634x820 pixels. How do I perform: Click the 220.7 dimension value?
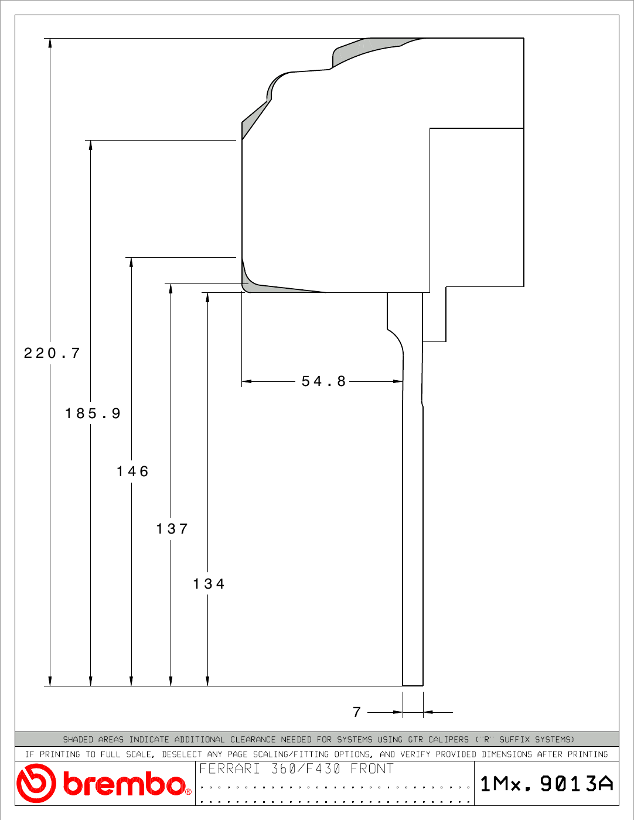[x=52, y=353]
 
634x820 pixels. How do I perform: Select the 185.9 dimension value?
[x=93, y=413]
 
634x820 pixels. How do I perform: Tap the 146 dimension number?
[x=132, y=471]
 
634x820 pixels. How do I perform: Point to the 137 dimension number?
[x=172, y=529]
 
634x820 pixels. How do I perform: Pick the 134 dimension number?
[x=209, y=584]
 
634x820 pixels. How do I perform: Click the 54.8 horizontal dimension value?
[x=323, y=381]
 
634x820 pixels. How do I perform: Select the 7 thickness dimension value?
[x=357, y=712]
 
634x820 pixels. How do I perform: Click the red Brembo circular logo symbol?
[x=36, y=784]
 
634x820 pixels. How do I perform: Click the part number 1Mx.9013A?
[x=547, y=784]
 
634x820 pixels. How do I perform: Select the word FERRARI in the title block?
[x=230, y=768]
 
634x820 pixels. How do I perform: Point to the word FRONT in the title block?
[x=372, y=768]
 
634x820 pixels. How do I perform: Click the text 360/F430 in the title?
[x=306, y=768]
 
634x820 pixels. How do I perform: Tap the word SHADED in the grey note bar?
[x=78, y=740]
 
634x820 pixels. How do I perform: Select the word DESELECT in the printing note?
[x=182, y=754]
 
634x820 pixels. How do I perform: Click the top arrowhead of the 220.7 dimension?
[x=50, y=43]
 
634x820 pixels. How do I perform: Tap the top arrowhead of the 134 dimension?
[x=207, y=298]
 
